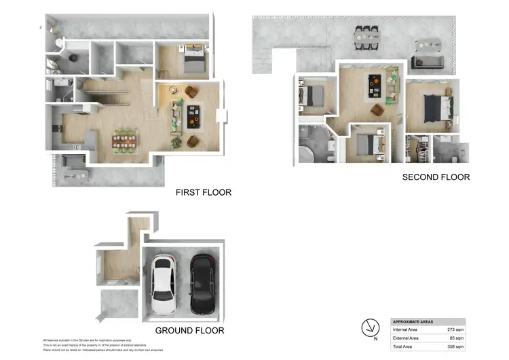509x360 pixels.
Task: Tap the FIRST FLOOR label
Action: (x=204, y=192)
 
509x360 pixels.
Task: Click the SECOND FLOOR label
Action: (x=436, y=177)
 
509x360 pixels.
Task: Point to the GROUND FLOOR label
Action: (x=190, y=331)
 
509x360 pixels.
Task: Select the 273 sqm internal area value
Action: (x=454, y=329)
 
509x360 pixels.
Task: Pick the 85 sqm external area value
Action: (x=455, y=338)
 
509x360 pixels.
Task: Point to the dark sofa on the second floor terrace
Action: (x=429, y=62)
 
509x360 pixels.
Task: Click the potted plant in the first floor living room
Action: (x=176, y=142)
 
